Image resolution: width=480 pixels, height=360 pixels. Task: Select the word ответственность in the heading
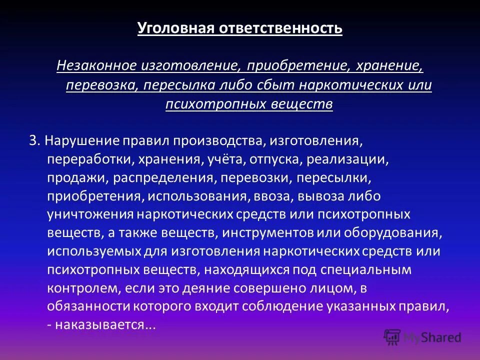pyautogui.click(x=280, y=27)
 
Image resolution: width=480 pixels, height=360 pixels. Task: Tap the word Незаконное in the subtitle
pyautogui.click(x=97, y=65)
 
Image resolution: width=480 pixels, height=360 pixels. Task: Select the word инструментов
pyautogui.click(x=272, y=233)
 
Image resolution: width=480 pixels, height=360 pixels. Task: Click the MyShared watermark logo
pyautogui.click(x=422, y=337)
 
